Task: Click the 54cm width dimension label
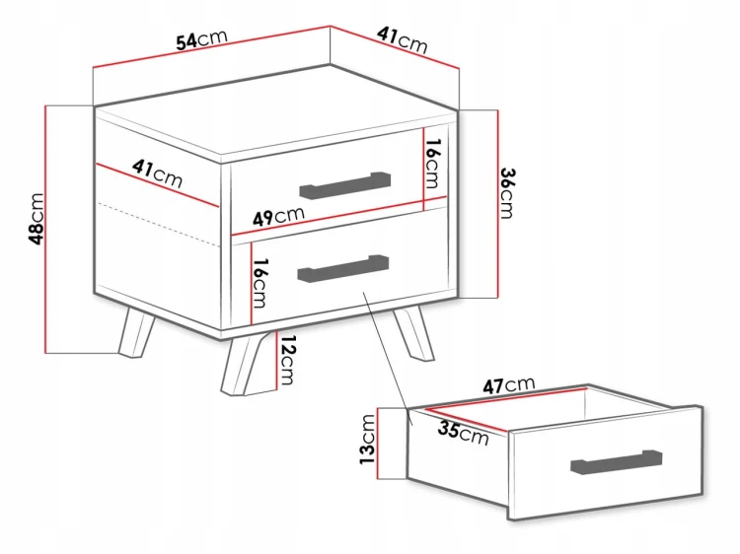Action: point(201,39)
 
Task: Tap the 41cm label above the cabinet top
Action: point(403,39)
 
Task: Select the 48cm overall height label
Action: point(37,219)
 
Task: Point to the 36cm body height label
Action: point(507,193)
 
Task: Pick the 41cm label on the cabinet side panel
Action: point(157,173)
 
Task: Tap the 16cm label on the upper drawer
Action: point(432,163)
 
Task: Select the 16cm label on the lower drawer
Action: point(260,283)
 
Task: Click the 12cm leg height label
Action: point(287,360)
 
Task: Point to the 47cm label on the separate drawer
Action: point(509,385)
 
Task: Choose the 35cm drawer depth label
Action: point(463,434)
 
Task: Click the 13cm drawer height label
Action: point(367,439)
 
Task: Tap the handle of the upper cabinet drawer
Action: point(345,185)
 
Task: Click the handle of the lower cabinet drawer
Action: point(343,269)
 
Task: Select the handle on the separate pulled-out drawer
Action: point(617,462)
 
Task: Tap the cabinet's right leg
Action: point(413,333)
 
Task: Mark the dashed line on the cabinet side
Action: point(158,225)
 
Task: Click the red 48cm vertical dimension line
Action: point(45,229)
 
